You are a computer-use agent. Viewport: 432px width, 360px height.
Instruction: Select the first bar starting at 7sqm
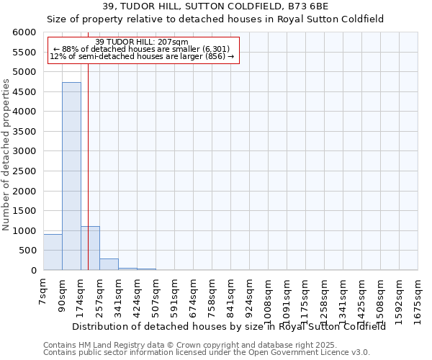[53, 252]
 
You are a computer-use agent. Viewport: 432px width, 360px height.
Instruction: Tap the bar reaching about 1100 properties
[90, 248]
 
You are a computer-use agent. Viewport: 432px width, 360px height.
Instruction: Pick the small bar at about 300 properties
[109, 264]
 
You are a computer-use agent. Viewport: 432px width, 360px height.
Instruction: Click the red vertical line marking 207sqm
[88, 144]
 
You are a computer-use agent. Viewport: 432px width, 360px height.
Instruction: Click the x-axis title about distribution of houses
[229, 326]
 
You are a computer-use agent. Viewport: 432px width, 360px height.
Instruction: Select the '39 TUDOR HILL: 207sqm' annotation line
[141, 42]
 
